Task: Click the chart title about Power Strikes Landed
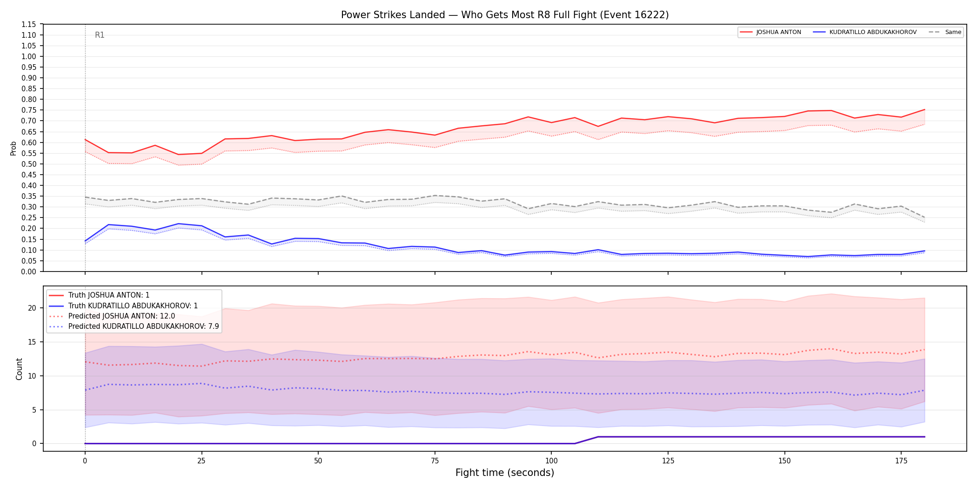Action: click(505, 15)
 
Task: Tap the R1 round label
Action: click(100, 35)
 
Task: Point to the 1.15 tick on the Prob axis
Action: click(28, 24)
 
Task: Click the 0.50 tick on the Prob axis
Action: click(28, 164)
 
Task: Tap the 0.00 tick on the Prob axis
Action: click(28, 272)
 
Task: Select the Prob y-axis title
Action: click(13, 148)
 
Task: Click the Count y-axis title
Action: click(19, 369)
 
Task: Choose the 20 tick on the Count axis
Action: click(32, 308)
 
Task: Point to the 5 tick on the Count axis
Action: click(34, 410)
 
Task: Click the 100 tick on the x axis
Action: click(551, 461)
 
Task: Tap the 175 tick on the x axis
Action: click(901, 461)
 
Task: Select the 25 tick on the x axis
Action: click(201, 461)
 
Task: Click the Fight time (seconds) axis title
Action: click(505, 473)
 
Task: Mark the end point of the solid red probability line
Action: click(924, 109)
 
